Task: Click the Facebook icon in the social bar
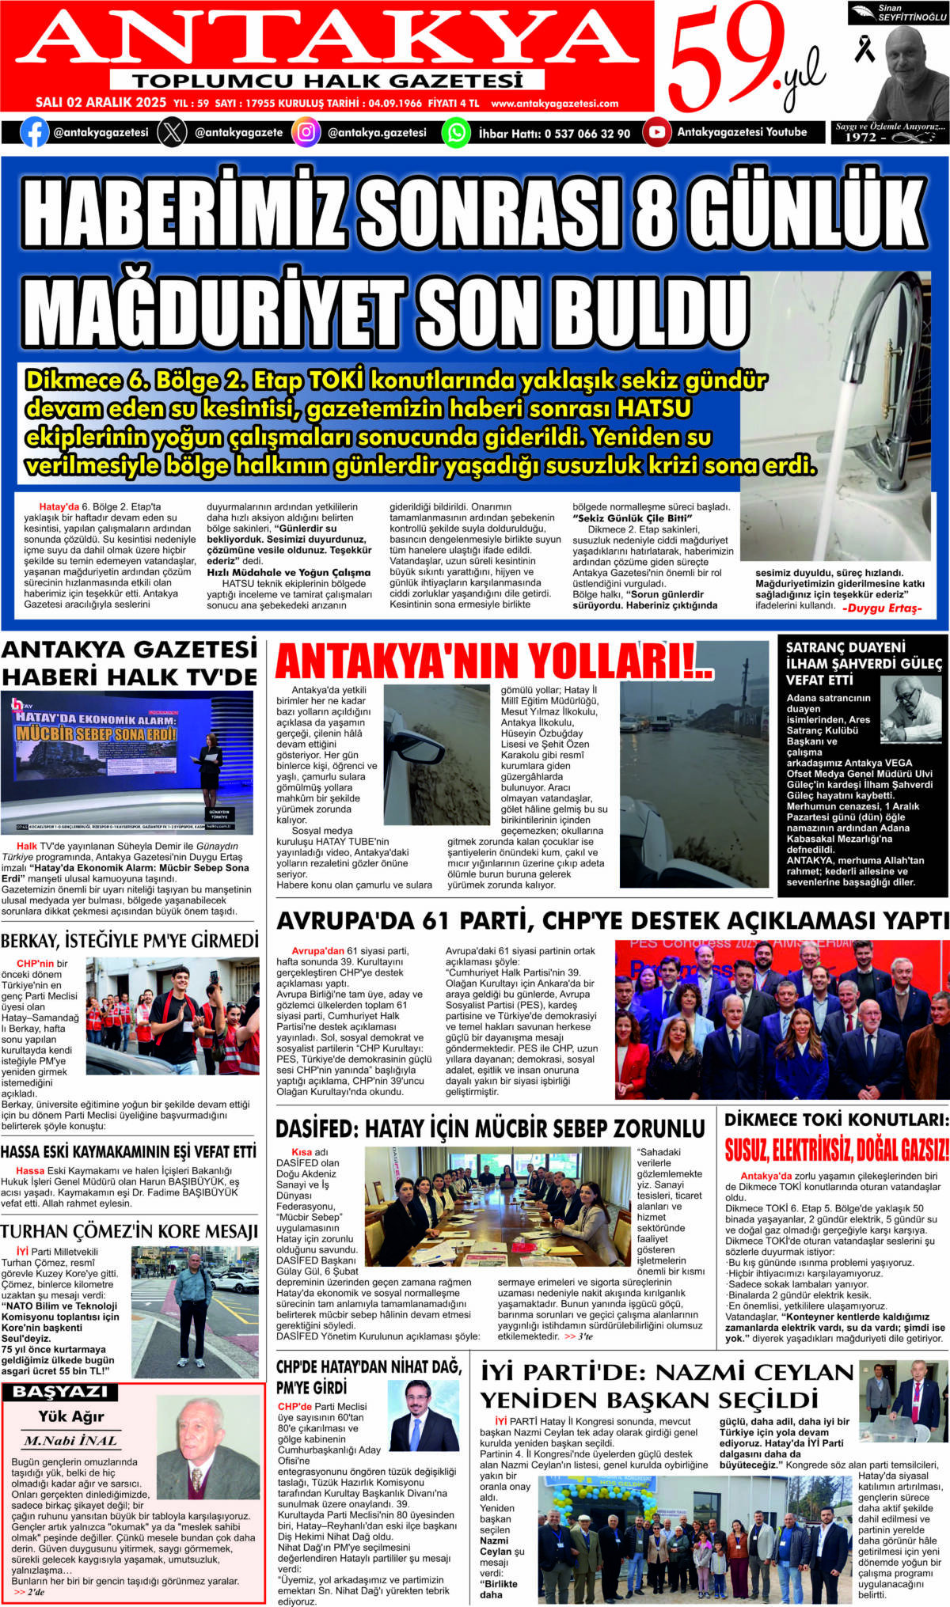33,132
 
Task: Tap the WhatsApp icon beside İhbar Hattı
456,132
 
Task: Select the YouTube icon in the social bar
656,132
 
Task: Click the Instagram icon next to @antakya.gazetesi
306,132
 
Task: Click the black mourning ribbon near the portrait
864,48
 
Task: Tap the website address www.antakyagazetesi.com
554,103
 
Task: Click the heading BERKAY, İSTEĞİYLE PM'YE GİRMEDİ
130,941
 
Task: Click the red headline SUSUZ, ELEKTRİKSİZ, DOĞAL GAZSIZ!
836,1150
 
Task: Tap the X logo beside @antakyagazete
172,132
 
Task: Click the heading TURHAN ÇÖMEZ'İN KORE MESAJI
130,1232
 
